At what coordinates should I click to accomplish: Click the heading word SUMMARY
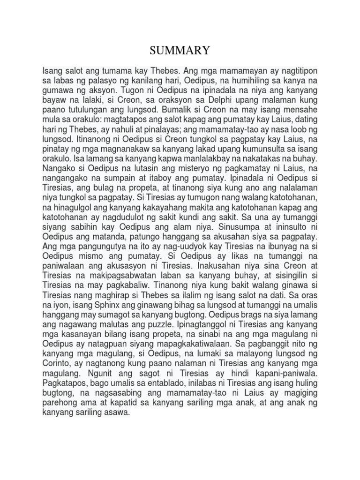click(x=180, y=50)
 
